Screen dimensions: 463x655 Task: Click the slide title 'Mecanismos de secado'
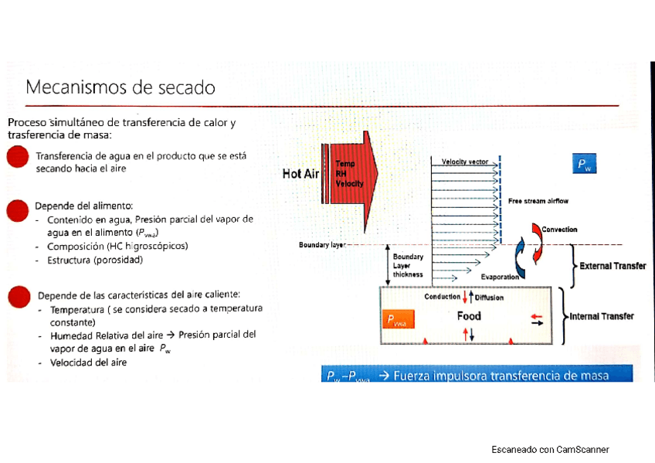pyautogui.click(x=120, y=87)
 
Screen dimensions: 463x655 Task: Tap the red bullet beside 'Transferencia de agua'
pyautogui.click(x=17, y=158)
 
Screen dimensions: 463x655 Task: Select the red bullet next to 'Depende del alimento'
pyautogui.click(x=17, y=209)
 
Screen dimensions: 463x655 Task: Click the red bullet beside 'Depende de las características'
pyautogui.click(x=18, y=298)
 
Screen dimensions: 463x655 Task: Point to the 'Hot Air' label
pyautogui.click(x=300, y=174)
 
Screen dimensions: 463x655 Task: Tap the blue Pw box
pyautogui.click(x=585, y=165)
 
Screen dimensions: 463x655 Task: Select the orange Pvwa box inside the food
pyautogui.click(x=399, y=320)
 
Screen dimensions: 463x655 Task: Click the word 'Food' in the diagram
pyautogui.click(x=468, y=315)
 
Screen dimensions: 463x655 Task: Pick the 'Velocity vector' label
pyautogui.click(x=464, y=162)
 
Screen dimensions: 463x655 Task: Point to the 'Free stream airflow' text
pyautogui.click(x=538, y=201)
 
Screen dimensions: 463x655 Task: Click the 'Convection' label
pyautogui.click(x=559, y=230)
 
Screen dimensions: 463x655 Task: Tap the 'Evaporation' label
pyautogui.click(x=499, y=277)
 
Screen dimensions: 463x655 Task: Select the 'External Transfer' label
pyautogui.click(x=613, y=266)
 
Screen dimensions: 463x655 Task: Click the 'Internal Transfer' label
pyautogui.click(x=601, y=316)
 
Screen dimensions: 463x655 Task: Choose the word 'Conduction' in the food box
pyautogui.click(x=442, y=297)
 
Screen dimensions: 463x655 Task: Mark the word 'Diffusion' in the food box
pyautogui.click(x=489, y=297)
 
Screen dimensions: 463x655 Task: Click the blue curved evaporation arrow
pyautogui.click(x=521, y=257)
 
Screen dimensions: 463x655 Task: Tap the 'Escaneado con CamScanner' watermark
pyautogui.click(x=550, y=450)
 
